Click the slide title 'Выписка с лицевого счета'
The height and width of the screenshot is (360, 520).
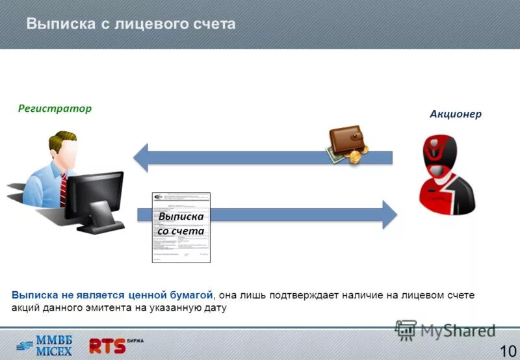coord(131,24)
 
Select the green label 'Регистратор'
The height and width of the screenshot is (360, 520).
coord(55,109)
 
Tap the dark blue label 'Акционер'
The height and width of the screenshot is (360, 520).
coord(455,114)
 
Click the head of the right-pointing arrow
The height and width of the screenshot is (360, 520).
coord(388,214)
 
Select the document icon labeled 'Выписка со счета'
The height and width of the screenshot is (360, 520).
coord(181,227)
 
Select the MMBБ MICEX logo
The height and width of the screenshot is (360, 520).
coord(45,344)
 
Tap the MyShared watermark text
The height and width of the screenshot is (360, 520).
coord(457,331)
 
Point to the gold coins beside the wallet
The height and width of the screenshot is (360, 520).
coord(356,156)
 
